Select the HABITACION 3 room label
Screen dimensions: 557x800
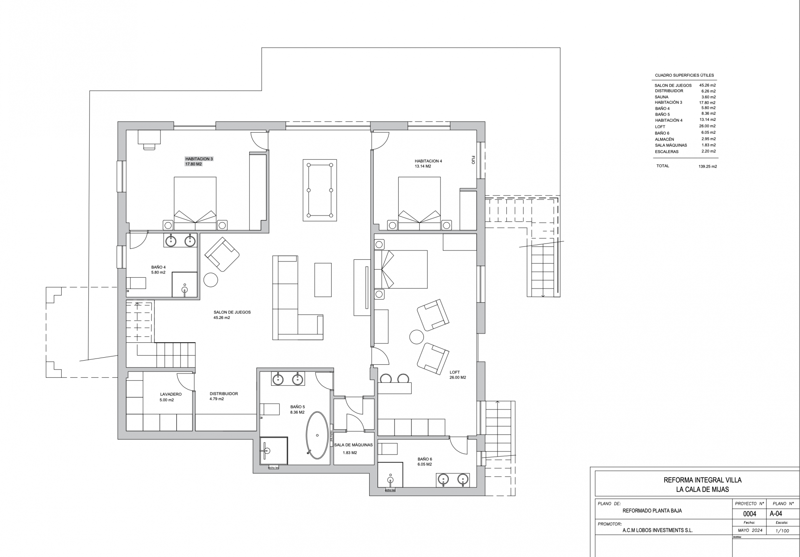click(x=199, y=159)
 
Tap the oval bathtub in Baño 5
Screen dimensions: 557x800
click(x=317, y=436)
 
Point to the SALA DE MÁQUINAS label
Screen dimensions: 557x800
click(x=353, y=445)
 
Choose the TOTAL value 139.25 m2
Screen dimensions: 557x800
click(x=707, y=166)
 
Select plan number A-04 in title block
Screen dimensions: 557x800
click(x=776, y=514)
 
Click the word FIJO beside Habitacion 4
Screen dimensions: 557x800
click(x=473, y=160)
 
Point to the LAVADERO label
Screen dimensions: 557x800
click(x=171, y=394)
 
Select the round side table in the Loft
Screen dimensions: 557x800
click(x=416, y=336)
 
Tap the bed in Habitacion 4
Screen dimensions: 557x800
click(x=419, y=203)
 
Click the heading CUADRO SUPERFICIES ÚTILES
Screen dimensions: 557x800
click(x=684, y=75)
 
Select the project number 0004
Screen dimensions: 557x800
click(x=750, y=514)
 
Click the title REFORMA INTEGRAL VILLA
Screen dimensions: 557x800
click(x=702, y=480)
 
